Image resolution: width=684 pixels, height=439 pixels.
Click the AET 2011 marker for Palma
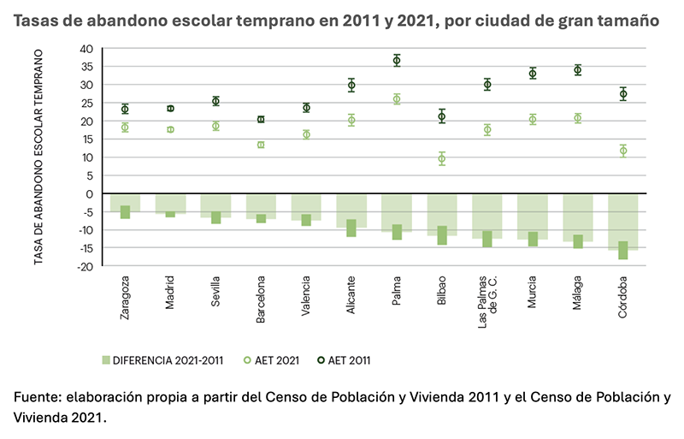[x=397, y=60]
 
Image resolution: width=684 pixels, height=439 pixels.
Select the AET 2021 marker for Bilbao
[x=442, y=158]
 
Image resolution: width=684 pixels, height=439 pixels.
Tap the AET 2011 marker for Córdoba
[x=623, y=94]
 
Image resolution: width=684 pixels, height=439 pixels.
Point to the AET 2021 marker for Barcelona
[x=261, y=145]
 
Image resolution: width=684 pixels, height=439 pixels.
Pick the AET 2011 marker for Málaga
[x=578, y=70]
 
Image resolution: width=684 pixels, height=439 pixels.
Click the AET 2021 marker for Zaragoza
[x=125, y=128]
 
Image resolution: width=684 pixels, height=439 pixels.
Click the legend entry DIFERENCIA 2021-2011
[x=162, y=360]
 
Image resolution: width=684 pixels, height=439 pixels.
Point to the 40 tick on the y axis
[x=85, y=49]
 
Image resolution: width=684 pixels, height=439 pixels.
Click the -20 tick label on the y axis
[x=84, y=266]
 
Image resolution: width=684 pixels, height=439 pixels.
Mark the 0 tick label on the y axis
[x=88, y=193]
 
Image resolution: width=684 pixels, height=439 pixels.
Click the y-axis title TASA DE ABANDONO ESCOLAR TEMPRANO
[x=39, y=157]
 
